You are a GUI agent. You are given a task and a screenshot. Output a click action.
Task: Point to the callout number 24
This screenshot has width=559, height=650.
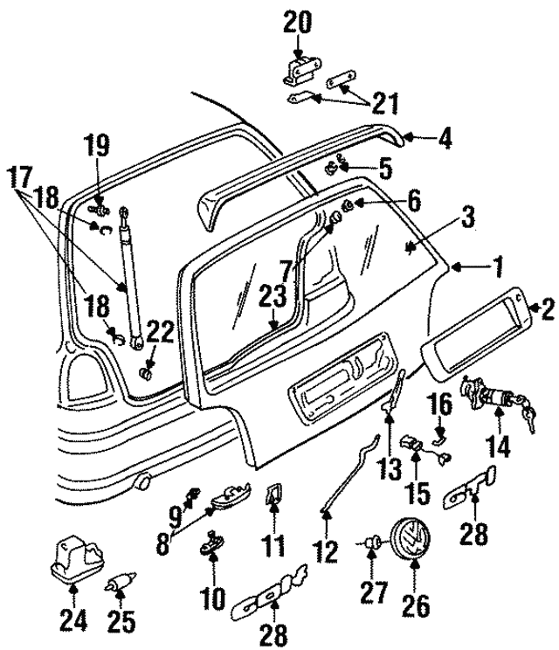pos(73,621)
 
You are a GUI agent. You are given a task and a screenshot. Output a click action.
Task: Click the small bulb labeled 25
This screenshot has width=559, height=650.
pos(121,584)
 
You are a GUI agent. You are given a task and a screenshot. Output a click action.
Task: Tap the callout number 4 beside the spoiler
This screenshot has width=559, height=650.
pos(445,138)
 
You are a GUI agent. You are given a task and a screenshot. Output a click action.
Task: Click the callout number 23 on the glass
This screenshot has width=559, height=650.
pos(273,297)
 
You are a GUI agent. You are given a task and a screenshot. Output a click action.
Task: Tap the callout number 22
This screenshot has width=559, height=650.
pos(161,333)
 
